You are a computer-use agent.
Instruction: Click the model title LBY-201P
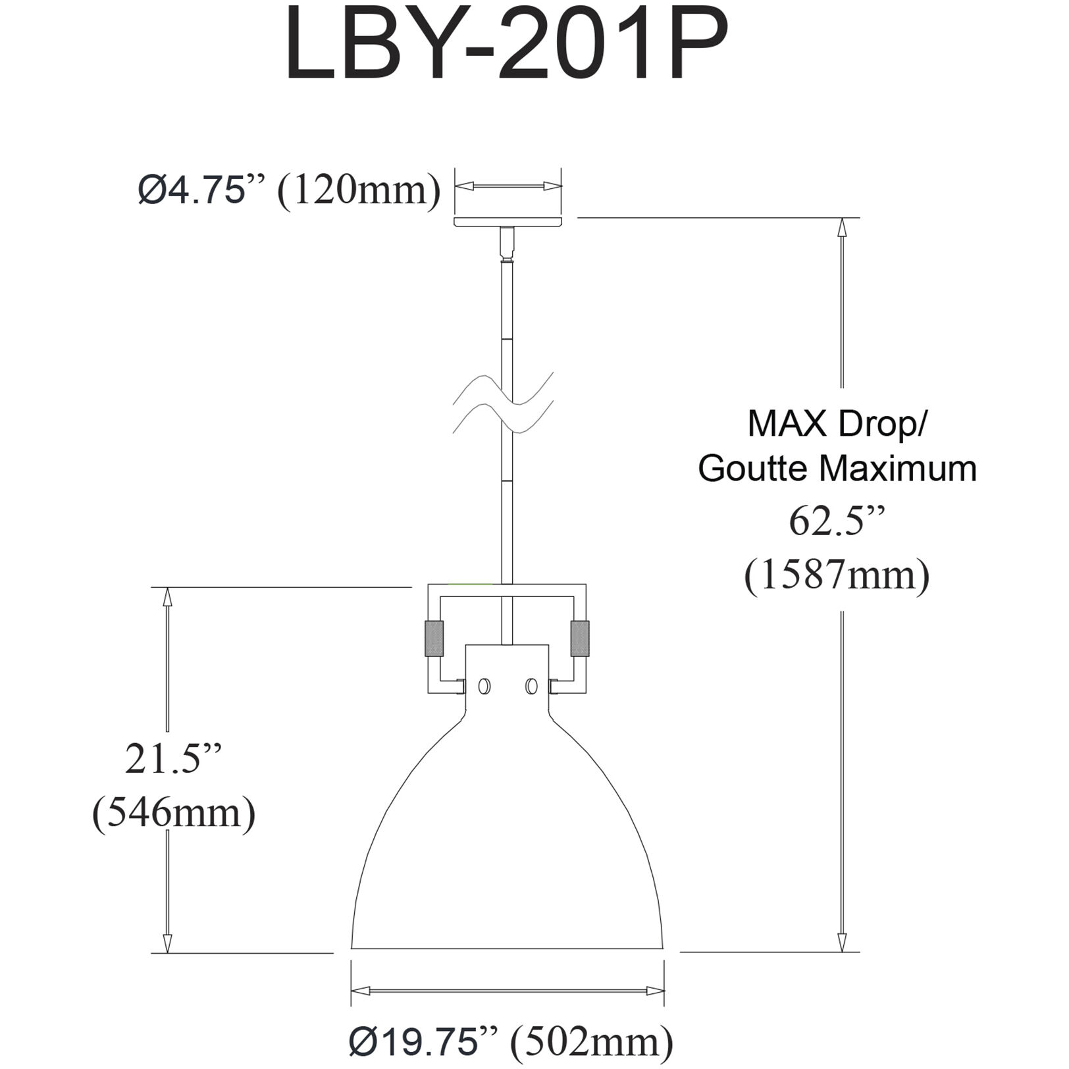click(507, 46)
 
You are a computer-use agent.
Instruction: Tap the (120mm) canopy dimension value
click(359, 192)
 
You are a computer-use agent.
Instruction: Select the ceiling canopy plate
click(508, 222)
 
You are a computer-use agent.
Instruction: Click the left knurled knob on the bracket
click(434, 638)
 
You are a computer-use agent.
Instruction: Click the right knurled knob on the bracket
click(580, 638)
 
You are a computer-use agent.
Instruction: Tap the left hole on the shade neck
click(484, 687)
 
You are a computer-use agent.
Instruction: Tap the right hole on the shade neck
click(531, 687)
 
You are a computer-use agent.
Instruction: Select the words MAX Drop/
click(837, 424)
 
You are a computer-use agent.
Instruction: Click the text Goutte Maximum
click(837, 469)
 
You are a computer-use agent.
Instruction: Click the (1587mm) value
click(837, 575)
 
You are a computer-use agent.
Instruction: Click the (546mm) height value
click(174, 813)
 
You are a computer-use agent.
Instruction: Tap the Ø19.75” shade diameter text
click(421, 1041)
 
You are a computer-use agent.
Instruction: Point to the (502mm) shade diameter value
click(592, 1041)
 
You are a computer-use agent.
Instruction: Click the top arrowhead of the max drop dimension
click(841, 227)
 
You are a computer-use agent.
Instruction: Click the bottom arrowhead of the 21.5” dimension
click(167, 943)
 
